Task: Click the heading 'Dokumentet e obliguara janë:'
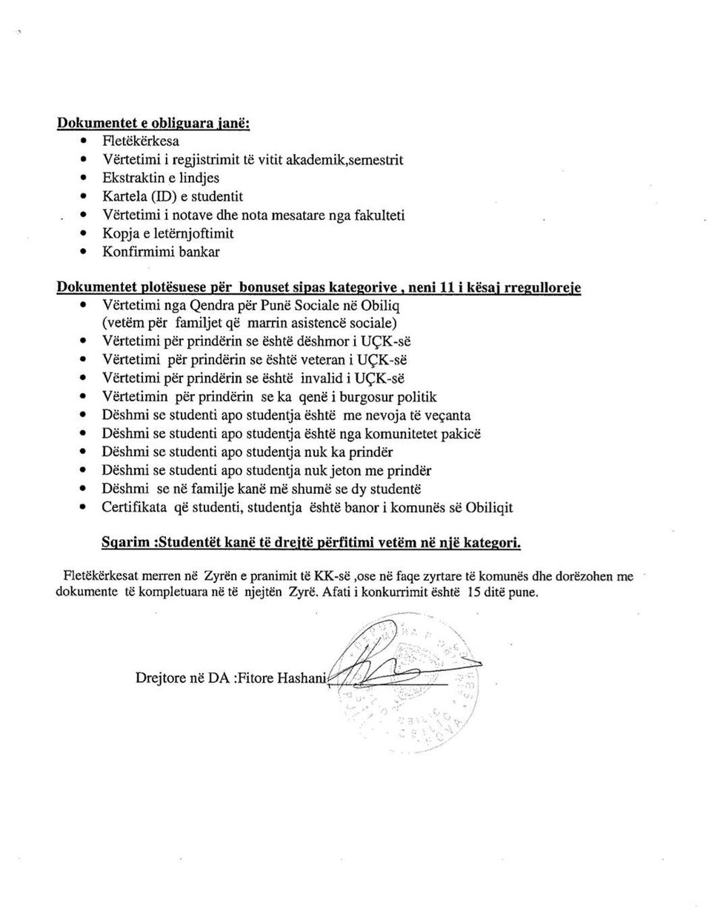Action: [x=153, y=123]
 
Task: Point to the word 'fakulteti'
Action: [x=380, y=216]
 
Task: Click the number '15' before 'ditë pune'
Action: [x=467, y=592]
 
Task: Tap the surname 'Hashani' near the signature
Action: [x=300, y=678]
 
